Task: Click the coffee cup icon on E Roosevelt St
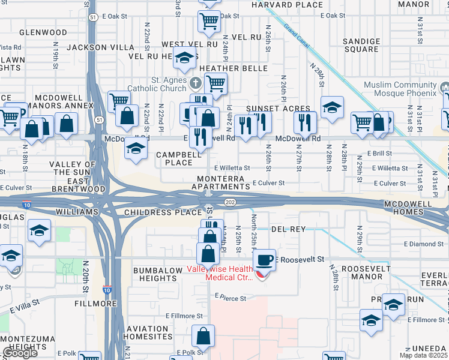click(x=264, y=260)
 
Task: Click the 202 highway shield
click(x=231, y=203)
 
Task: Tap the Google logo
click(x=19, y=353)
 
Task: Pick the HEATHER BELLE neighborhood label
click(x=229, y=68)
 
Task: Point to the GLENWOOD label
click(x=43, y=32)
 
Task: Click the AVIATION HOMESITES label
click(x=148, y=332)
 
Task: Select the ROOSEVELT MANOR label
click(x=362, y=272)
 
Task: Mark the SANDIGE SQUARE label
click(x=361, y=45)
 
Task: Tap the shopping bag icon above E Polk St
click(x=204, y=337)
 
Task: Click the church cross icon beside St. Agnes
click(x=195, y=82)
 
